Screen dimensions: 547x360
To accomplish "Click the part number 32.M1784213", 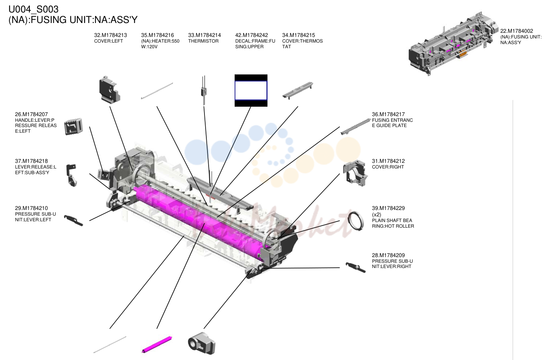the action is tap(111, 35).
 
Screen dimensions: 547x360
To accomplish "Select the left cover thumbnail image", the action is tap(110, 90).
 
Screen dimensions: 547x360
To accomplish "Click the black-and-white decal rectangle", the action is tap(251, 90).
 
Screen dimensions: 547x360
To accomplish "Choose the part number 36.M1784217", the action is tap(388, 114).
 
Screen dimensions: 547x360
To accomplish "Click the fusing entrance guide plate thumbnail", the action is tap(355, 126).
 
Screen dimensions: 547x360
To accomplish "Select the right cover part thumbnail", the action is tap(355, 173).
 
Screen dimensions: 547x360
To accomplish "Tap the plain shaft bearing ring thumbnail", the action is tap(355, 221).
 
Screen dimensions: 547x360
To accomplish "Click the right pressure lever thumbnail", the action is tap(355, 268).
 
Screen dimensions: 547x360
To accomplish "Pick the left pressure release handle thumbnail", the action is tap(74, 126).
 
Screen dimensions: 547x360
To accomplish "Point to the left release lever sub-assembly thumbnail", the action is tap(72, 175).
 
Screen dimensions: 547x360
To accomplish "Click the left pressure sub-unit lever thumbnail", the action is tap(74, 221).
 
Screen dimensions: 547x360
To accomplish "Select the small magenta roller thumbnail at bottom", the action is tap(157, 345).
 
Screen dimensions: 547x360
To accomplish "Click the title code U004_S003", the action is tap(34, 9).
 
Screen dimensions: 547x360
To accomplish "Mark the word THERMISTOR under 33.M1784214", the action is tap(203, 41).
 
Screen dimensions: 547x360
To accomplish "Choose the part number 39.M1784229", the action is tap(388, 208).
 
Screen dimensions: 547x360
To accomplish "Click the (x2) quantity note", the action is tap(376, 214).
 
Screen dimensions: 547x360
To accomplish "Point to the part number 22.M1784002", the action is tap(517, 31).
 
